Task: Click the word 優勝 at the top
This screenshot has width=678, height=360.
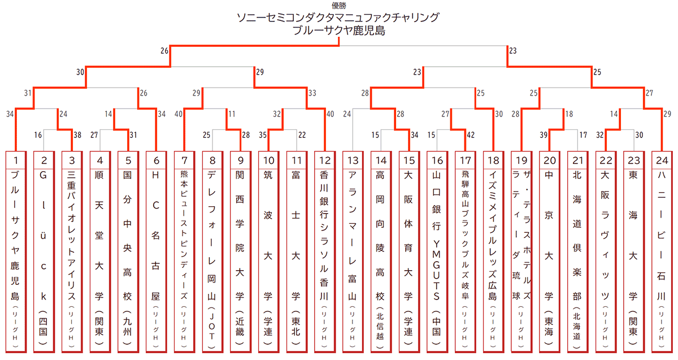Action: tap(339, 6)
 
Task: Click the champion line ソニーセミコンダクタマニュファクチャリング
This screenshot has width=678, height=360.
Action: tap(339, 18)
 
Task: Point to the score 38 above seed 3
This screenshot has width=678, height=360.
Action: tap(78, 136)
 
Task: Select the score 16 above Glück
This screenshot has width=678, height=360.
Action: tap(38, 136)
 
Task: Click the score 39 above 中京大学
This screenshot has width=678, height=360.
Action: tap(543, 136)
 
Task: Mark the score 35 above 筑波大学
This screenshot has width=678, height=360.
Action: tap(262, 136)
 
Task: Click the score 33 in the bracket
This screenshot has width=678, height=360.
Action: tap(312, 93)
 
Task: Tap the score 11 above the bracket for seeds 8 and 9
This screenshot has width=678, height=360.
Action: tap(231, 114)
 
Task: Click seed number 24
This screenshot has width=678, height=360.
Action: tap(662, 161)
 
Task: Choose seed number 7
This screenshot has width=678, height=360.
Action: tap(184, 161)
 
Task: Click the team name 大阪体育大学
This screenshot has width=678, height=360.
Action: tap(408, 237)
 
